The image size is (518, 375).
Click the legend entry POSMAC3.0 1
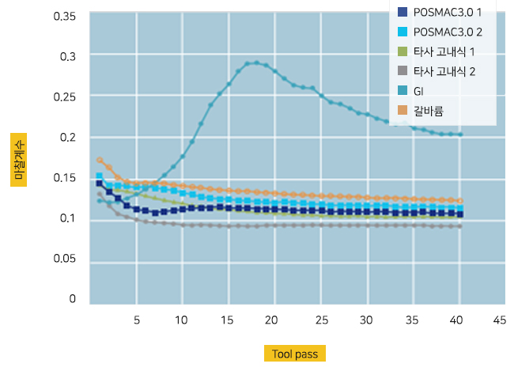pyautogui.click(x=448, y=13)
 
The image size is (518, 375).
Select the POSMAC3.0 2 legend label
pyautogui.click(x=448, y=32)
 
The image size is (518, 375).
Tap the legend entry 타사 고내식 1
pyautogui.click(x=442, y=52)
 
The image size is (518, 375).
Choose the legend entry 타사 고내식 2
pyautogui.click(x=442, y=72)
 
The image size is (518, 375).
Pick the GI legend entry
pyautogui.click(x=418, y=92)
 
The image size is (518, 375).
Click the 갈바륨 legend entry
pyautogui.click(x=428, y=112)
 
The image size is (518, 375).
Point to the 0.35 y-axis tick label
pyautogui.click(x=66, y=17)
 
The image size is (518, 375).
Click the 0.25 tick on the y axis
pyautogui.click(x=66, y=97)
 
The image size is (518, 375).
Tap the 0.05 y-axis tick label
pyautogui.click(x=66, y=259)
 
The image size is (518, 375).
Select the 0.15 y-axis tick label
pyautogui.click(x=66, y=178)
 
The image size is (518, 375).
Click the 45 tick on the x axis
pyautogui.click(x=499, y=320)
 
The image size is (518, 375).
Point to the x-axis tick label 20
pyautogui.click(x=271, y=320)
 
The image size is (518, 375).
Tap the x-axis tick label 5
pyautogui.click(x=136, y=320)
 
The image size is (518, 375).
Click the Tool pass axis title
pyautogui.click(x=295, y=354)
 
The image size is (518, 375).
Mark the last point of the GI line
pyautogui.click(x=460, y=134)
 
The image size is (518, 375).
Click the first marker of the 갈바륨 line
pyautogui.click(x=100, y=160)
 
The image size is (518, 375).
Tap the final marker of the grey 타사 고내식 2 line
pyautogui.click(x=460, y=226)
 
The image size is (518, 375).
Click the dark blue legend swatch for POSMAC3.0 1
pyautogui.click(x=403, y=13)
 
